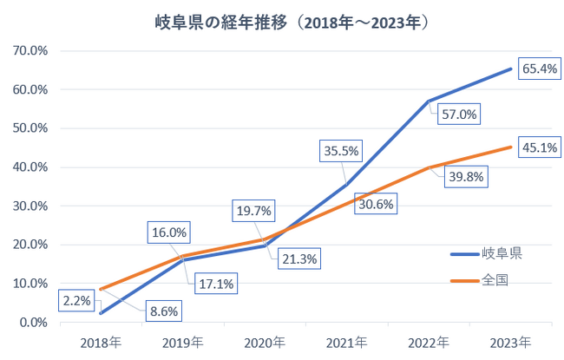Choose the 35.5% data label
tap(341, 151)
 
